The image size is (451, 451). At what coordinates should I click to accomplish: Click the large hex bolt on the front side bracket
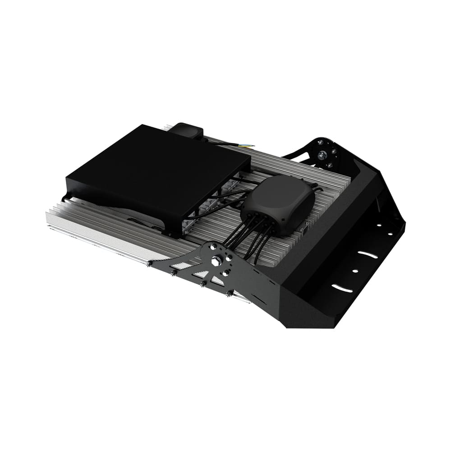coord(216,261)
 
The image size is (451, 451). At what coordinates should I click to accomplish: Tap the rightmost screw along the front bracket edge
coord(229,294)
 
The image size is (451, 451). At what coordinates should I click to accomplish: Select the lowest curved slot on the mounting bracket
coord(342,288)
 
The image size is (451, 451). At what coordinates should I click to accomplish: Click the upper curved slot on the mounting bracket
coord(368,255)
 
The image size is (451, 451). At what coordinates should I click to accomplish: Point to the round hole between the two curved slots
coord(355,271)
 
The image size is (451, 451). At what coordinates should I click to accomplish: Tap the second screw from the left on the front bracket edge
coord(173,273)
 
